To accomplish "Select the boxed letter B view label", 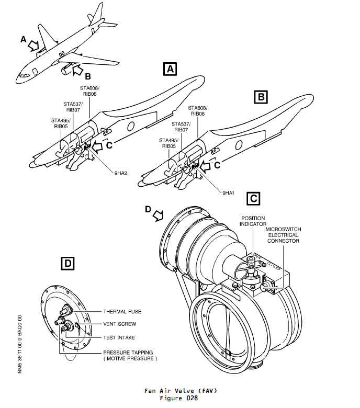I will (x=260, y=97).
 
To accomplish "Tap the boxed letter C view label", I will (x=253, y=198).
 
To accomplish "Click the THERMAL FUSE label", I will (x=122, y=312).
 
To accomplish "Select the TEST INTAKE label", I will (x=120, y=337).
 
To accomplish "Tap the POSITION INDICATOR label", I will (x=254, y=221).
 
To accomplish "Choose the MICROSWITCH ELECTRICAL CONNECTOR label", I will (x=283, y=235).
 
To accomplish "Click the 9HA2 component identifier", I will (x=120, y=173).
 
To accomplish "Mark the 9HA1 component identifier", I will (x=228, y=193).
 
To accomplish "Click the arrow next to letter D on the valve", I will (x=158, y=215).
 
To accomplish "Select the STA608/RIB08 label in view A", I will (x=89, y=91).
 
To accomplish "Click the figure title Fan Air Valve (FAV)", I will (x=179, y=391).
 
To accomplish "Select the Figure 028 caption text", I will (x=179, y=398).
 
